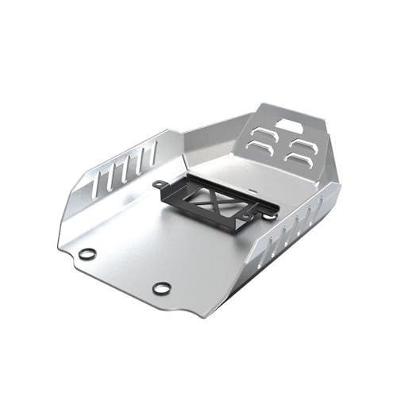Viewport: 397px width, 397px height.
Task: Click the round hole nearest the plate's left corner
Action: [x=87, y=254]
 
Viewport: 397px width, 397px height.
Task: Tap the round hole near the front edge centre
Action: [x=161, y=288]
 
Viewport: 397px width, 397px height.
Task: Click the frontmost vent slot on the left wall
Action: [x=97, y=186]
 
